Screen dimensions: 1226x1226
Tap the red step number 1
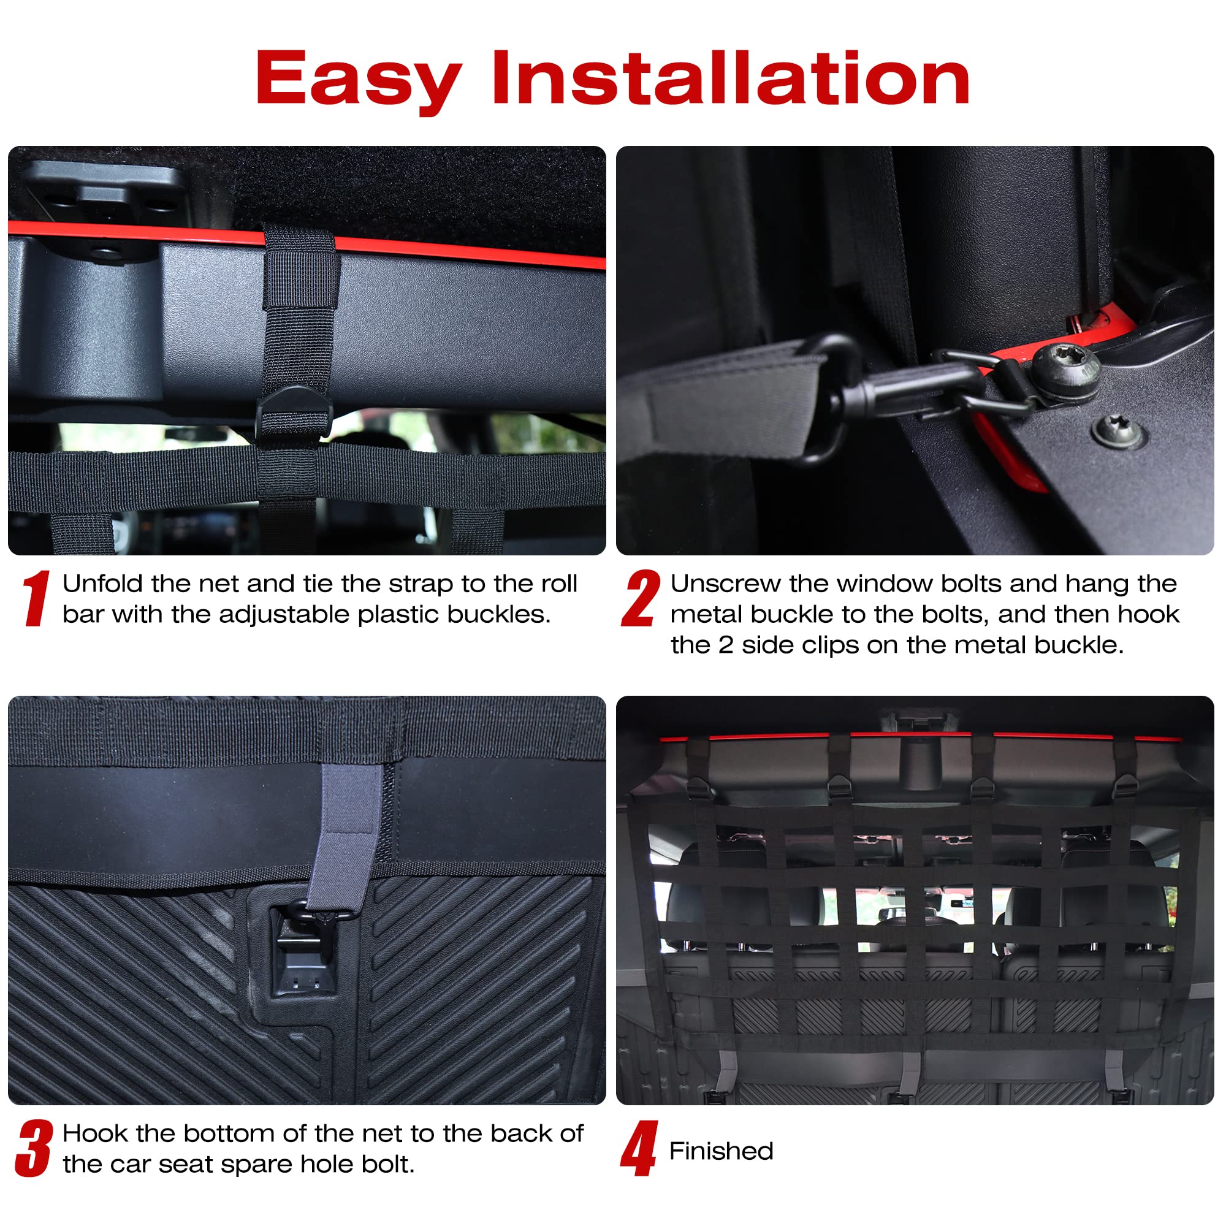(x=36, y=598)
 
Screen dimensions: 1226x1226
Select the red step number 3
(x=34, y=1148)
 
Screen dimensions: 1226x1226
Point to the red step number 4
(x=639, y=1148)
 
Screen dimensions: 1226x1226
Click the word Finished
(x=721, y=1151)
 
